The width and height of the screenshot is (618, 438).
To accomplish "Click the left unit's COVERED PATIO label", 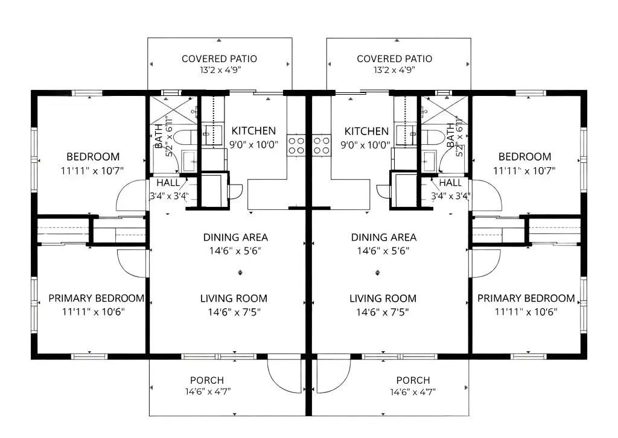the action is pyautogui.click(x=219, y=59).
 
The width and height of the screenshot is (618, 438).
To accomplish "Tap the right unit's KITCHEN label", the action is pyautogui.click(x=366, y=131).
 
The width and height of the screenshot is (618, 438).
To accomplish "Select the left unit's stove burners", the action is pyautogui.click(x=296, y=145).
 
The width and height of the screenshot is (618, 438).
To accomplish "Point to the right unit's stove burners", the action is pyautogui.click(x=321, y=145).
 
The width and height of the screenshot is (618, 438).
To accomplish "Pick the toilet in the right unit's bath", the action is pyautogui.click(x=432, y=137).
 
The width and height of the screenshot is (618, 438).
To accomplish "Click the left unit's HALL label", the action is pyautogui.click(x=168, y=183).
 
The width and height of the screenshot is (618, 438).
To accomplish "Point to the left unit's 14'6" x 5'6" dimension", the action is pyautogui.click(x=235, y=251).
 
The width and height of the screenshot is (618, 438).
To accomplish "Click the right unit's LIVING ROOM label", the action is pyautogui.click(x=383, y=299).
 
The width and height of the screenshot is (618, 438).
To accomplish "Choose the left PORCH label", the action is pyautogui.click(x=207, y=380).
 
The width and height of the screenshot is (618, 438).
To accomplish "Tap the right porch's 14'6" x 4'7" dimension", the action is pyautogui.click(x=413, y=392).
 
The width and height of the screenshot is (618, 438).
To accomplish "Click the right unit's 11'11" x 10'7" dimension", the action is pyautogui.click(x=524, y=171).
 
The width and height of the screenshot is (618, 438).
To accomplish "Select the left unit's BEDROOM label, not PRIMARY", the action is pyautogui.click(x=93, y=157).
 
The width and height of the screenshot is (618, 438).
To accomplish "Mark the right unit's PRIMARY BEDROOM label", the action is pyautogui.click(x=526, y=298).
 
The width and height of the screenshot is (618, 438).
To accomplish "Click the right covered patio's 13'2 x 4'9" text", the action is pyautogui.click(x=395, y=70).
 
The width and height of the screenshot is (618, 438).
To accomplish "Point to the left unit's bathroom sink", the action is pyautogui.click(x=189, y=160).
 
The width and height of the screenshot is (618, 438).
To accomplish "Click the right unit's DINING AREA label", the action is pyautogui.click(x=384, y=238).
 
